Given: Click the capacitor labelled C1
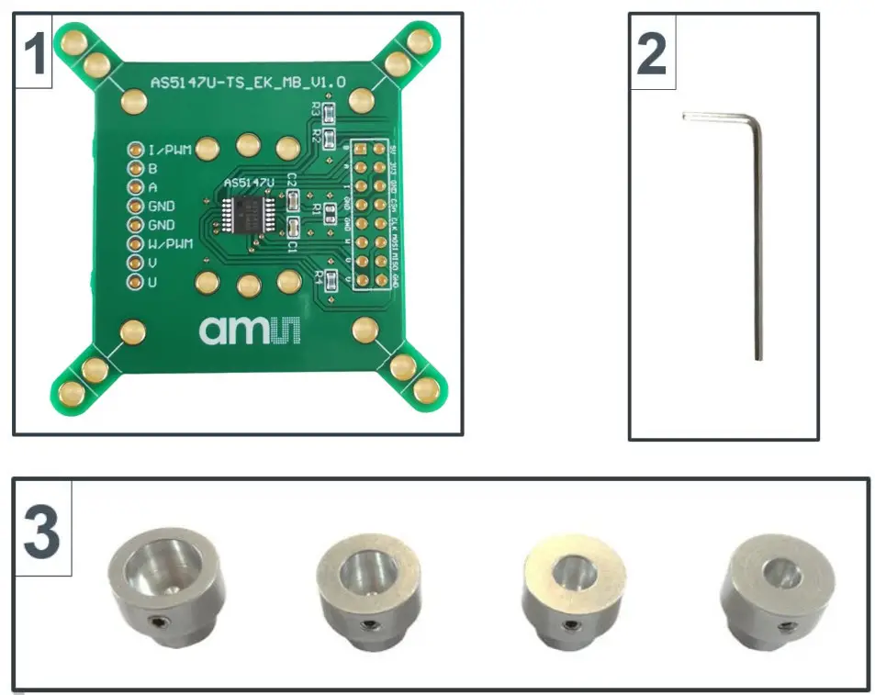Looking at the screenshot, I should click(294, 228).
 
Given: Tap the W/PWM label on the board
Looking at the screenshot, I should click(171, 244).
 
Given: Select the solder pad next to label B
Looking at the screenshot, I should click(134, 169).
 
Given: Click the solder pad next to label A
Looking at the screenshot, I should click(134, 187).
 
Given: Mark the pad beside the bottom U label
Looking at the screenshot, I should click(134, 282).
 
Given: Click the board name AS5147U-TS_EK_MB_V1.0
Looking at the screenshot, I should click(248, 83).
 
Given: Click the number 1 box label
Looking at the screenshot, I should click(33, 52).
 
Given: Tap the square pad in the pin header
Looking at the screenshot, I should click(362, 149).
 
